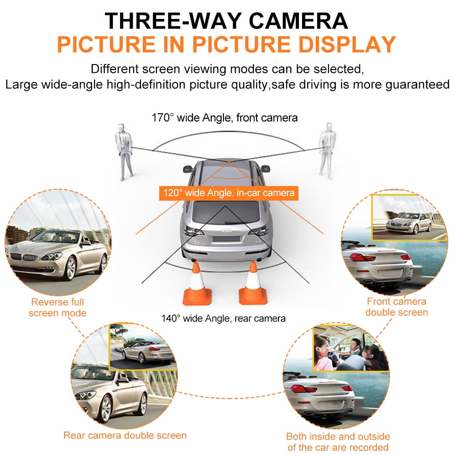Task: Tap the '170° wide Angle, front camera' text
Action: coord(225,118)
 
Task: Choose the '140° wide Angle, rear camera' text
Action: coord(223,318)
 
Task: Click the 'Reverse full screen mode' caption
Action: coord(57,307)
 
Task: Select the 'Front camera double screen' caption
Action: coord(396,307)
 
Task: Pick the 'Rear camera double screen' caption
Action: coord(125,435)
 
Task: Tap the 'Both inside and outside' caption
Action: coord(338,436)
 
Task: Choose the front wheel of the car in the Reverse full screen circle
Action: coord(71,268)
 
